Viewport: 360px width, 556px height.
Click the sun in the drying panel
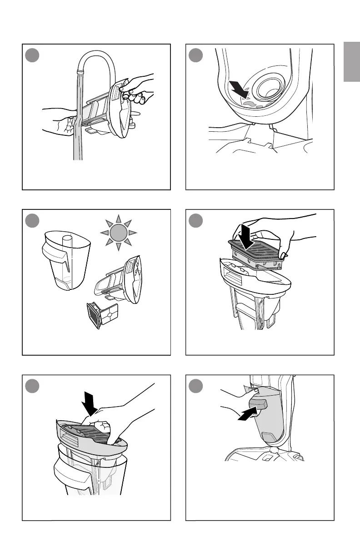[117, 233]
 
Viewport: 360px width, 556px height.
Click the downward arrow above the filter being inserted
[246, 237]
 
